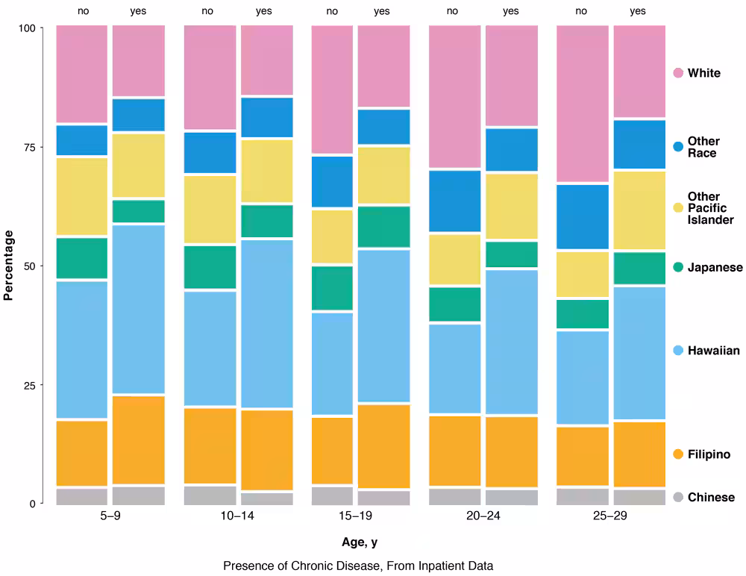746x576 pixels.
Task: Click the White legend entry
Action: [703, 73]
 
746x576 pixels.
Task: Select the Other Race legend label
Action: [703, 147]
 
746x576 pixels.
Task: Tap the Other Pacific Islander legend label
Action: [710, 208]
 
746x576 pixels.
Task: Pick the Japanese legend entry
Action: [714, 267]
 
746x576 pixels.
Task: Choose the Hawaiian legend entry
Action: [713, 351]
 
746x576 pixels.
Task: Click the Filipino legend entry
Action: [708, 454]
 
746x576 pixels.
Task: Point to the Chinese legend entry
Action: [710, 497]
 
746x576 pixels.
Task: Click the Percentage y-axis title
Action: [9, 266]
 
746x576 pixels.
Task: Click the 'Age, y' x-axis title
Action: [360, 542]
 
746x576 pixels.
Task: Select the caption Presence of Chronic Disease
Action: [358, 566]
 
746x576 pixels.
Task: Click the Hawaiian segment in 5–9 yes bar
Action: [138, 308]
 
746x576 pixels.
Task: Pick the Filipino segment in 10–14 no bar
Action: [210, 445]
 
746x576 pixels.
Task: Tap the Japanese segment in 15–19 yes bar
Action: [383, 227]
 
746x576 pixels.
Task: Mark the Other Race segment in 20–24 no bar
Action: [454, 201]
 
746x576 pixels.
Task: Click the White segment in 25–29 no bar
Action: [583, 104]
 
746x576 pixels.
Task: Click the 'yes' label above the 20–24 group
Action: [511, 11]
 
